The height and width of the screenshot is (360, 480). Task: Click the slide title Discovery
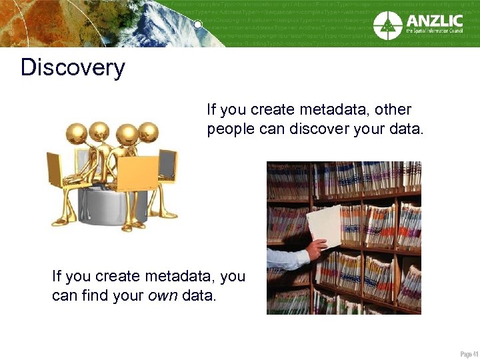[73, 68]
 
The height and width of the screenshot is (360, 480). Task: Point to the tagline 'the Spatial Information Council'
[434, 31]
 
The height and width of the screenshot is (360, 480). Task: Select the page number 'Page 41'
[469, 353]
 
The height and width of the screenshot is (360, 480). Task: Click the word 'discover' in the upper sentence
[317, 129]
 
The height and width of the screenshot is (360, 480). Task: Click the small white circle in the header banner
[198, 25]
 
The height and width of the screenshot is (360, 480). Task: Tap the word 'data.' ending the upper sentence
[405, 129]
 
